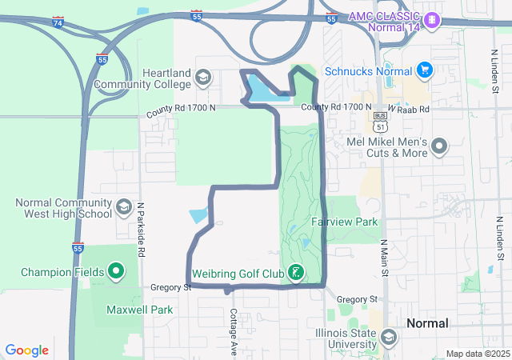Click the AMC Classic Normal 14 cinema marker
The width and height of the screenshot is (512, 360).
[x=432, y=18]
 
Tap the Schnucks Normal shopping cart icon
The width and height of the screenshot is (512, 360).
[x=424, y=70]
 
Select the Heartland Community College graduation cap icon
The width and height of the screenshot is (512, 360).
[x=203, y=78]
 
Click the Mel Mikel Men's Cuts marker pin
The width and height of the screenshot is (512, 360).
[x=439, y=146]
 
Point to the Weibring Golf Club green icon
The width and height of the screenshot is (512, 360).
[x=296, y=274]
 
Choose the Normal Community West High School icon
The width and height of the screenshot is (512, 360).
[x=124, y=208]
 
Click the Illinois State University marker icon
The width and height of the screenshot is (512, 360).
[x=388, y=338]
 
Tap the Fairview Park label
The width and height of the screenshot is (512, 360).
[x=343, y=221]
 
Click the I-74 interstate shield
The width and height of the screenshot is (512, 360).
[x=58, y=23]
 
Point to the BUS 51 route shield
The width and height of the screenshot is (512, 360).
[x=381, y=121]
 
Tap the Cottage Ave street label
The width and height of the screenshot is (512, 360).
[x=233, y=330]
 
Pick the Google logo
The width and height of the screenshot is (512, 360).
[x=27, y=350]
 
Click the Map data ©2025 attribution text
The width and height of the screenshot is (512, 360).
[x=477, y=354]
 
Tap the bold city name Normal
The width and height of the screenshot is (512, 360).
[x=427, y=323]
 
